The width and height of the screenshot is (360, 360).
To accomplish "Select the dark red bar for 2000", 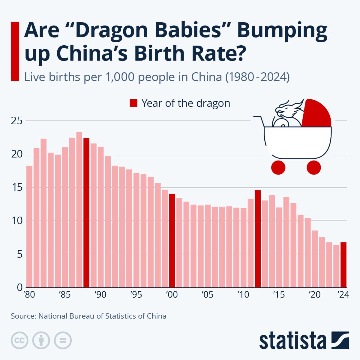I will pyautogui.click(x=172, y=240).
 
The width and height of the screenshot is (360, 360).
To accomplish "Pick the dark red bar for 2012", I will pyautogui.click(x=258, y=238).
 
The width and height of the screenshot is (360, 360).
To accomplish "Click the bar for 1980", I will pyautogui.click(x=29, y=226).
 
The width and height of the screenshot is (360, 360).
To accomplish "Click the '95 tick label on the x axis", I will pyautogui.click(x=136, y=295).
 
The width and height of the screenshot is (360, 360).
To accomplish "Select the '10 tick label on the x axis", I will pyautogui.click(x=243, y=295).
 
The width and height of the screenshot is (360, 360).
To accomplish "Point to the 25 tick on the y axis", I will pyautogui.click(x=17, y=121).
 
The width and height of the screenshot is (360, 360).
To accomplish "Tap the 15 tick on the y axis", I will pyautogui.click(x=17, y=187).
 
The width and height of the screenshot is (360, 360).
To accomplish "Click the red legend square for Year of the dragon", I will pyautogui.click(x=133, y=103).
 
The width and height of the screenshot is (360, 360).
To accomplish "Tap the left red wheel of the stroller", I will pyautogui.click(x=278, y=167).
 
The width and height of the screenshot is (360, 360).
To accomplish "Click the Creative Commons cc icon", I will pyautogui.click(x=19, y=340).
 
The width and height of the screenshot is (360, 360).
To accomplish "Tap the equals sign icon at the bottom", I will pyautogui.click(x=63, y=340).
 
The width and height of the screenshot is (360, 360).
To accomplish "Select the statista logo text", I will pyautogui.click(x=292, y=341).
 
